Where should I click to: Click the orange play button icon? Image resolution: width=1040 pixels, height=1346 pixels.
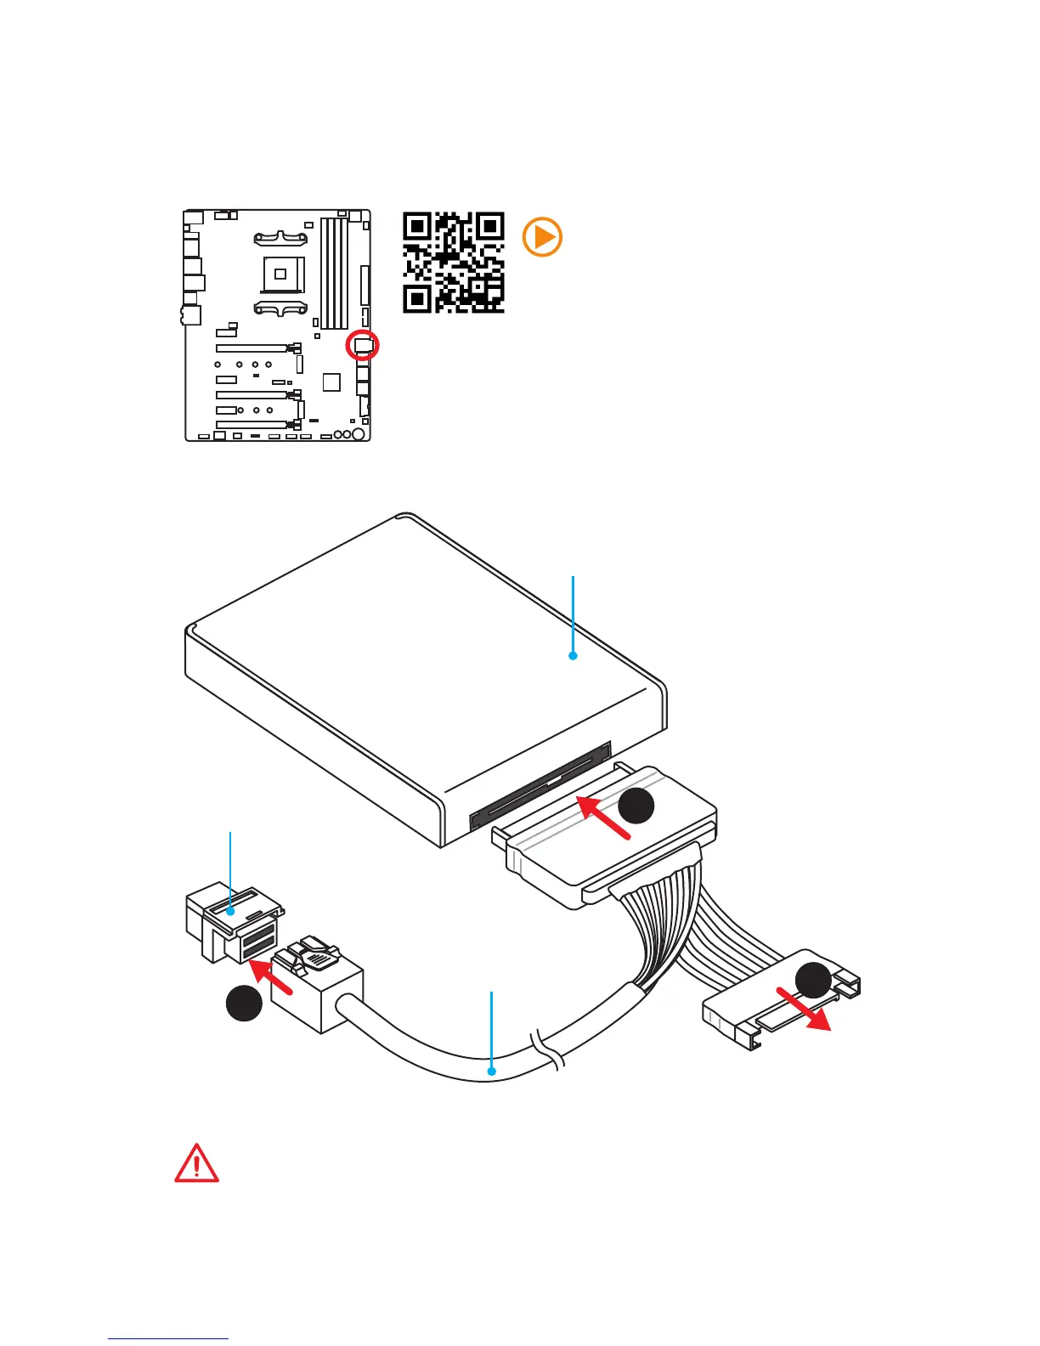(542, 237)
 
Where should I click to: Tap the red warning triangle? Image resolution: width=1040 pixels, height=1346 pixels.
(196, 1164)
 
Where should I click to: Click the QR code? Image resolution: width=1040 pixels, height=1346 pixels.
(454, 263)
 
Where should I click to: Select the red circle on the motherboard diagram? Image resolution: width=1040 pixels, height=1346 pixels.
(363, 345)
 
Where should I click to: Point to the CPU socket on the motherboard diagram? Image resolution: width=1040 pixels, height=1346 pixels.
(280, 274)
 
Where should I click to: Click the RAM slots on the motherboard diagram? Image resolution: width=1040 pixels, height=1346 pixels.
(334, 272)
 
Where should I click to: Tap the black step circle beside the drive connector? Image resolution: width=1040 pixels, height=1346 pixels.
(636, 806)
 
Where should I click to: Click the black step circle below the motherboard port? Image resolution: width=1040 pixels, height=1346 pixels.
(243, 1003)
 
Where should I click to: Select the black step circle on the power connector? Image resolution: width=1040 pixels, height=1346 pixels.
(813, 981)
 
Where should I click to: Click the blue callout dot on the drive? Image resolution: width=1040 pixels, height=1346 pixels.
(573, 655)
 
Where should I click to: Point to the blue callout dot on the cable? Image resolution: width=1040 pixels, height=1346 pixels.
(491, 1072)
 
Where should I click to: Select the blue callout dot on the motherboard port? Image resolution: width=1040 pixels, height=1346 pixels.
(230, 911)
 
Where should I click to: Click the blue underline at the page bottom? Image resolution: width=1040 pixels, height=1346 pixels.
(168, 1338)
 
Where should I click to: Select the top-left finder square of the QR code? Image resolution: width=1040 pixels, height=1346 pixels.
(416, 226)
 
